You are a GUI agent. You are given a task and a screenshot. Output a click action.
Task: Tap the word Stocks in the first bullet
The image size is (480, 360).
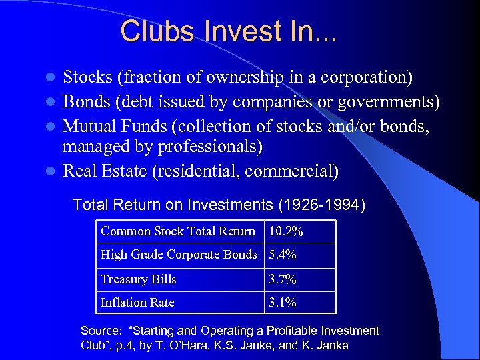(x=87, y=77)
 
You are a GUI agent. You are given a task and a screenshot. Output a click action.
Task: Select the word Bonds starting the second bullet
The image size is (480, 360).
(x=85, y=103)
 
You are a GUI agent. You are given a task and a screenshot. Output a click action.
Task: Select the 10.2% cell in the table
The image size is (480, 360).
(x=286, y=231)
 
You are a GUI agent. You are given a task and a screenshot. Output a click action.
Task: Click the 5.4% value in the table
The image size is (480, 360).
(x=283, y=255)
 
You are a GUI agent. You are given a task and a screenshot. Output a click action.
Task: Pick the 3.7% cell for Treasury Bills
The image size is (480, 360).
(x=283, y=279)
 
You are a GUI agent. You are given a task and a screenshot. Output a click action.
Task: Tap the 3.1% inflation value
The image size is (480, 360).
(x=283, y=303)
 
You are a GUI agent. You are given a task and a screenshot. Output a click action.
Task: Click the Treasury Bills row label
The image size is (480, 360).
(x=138, y=279)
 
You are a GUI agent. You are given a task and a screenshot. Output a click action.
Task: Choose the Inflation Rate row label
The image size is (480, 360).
(x=137, y=303)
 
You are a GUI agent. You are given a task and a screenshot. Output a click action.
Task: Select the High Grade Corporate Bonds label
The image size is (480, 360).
(x=178, y=255)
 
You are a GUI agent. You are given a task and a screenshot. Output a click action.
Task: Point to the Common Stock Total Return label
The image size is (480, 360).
(x=177, y=231)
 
